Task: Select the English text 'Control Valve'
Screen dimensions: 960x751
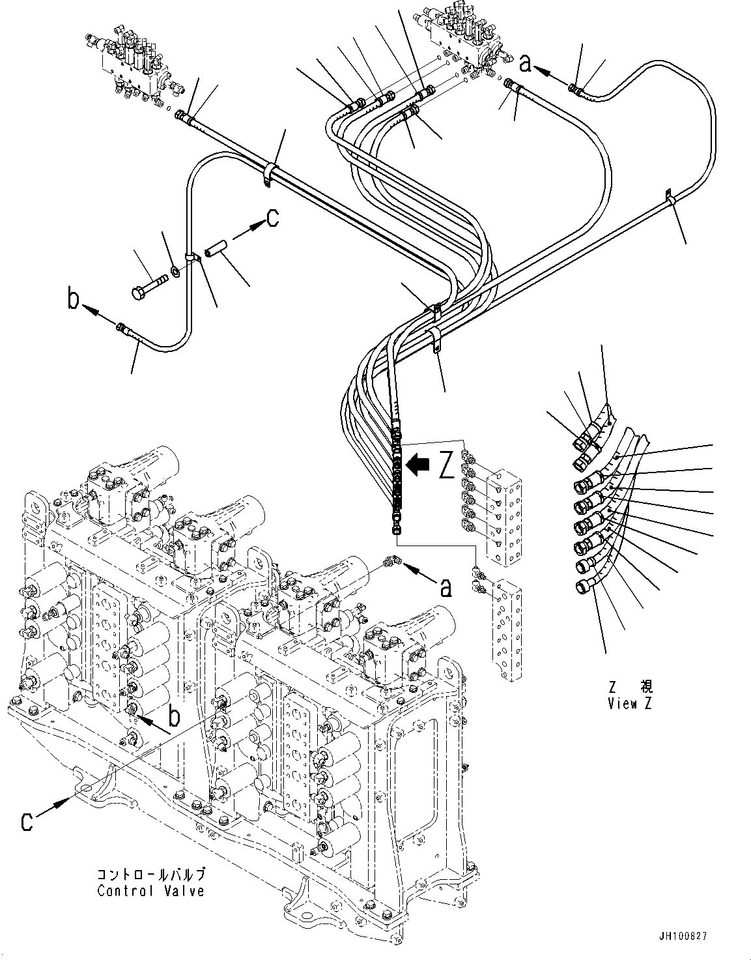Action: (x=150, y=891)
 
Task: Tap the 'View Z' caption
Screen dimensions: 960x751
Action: (x=629, y=704)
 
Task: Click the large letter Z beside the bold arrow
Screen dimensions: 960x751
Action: (x=446, y=465)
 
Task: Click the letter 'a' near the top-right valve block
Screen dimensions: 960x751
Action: (x=527, y=63)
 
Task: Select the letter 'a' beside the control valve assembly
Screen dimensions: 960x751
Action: (x=446, y=588)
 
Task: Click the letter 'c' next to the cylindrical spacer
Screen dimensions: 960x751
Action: (x=272, y=218)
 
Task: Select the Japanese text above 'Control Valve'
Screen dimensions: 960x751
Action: (x=150, y=874)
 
